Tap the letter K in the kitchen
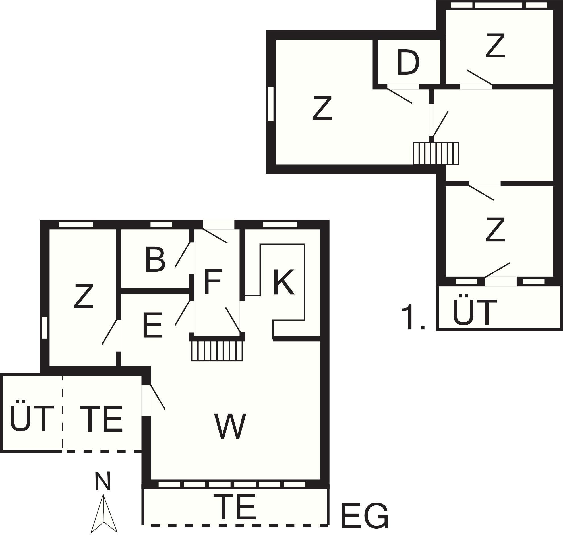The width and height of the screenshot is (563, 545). click(284, 282)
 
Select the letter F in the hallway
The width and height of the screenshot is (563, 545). click(213, 281)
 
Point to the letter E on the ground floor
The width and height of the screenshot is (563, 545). click(152, 325)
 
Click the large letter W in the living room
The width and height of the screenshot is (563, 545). click(230, 427)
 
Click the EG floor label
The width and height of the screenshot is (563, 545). click(365, 516)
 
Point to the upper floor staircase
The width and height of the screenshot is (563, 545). click(436, 154)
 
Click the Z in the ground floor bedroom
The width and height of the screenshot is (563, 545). click(84, 296)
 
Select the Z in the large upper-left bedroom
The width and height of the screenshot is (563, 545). click(322, 108)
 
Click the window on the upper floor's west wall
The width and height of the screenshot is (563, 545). click(271, 104)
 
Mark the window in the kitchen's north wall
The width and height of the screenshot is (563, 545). click(280, 224)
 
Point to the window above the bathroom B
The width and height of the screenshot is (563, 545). click(161, 224)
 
